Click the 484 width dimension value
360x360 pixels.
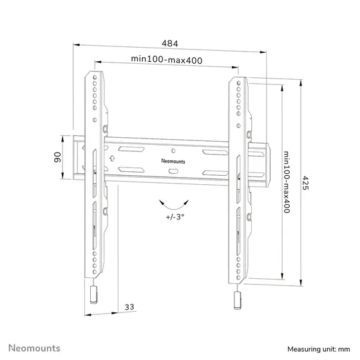(x=169, y=43)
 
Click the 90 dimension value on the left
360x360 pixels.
(x=57, y=157)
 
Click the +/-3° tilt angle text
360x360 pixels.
(x=174, y=218)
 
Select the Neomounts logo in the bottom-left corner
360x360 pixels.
(x=32, y=348)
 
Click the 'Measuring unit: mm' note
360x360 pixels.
(x=319, y=348)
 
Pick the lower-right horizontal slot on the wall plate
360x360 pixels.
(x=213, y=172)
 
